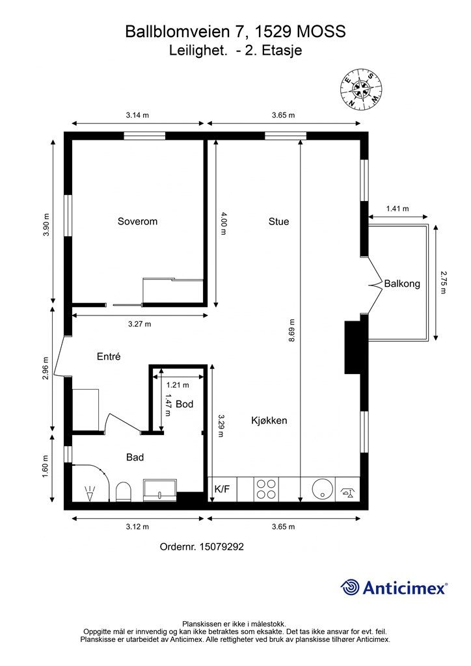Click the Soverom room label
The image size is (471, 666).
(137, 221)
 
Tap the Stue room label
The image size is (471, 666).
(278, 221)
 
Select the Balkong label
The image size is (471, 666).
(402, 284)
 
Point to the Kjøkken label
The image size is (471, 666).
(269, 421)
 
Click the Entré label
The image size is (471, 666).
(109, 356)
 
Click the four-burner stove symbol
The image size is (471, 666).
(265, 489)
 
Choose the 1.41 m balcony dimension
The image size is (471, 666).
(397, 209)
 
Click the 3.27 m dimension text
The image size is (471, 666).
(139, 324)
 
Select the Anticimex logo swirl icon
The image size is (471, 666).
(350, 587)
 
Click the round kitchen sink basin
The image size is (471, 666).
(321, 489)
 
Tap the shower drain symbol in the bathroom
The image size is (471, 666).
(89, 494)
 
